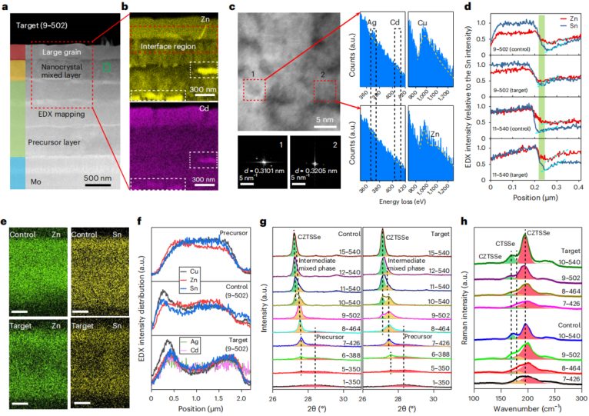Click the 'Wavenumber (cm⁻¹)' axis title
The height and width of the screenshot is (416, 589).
tap(528, 411)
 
